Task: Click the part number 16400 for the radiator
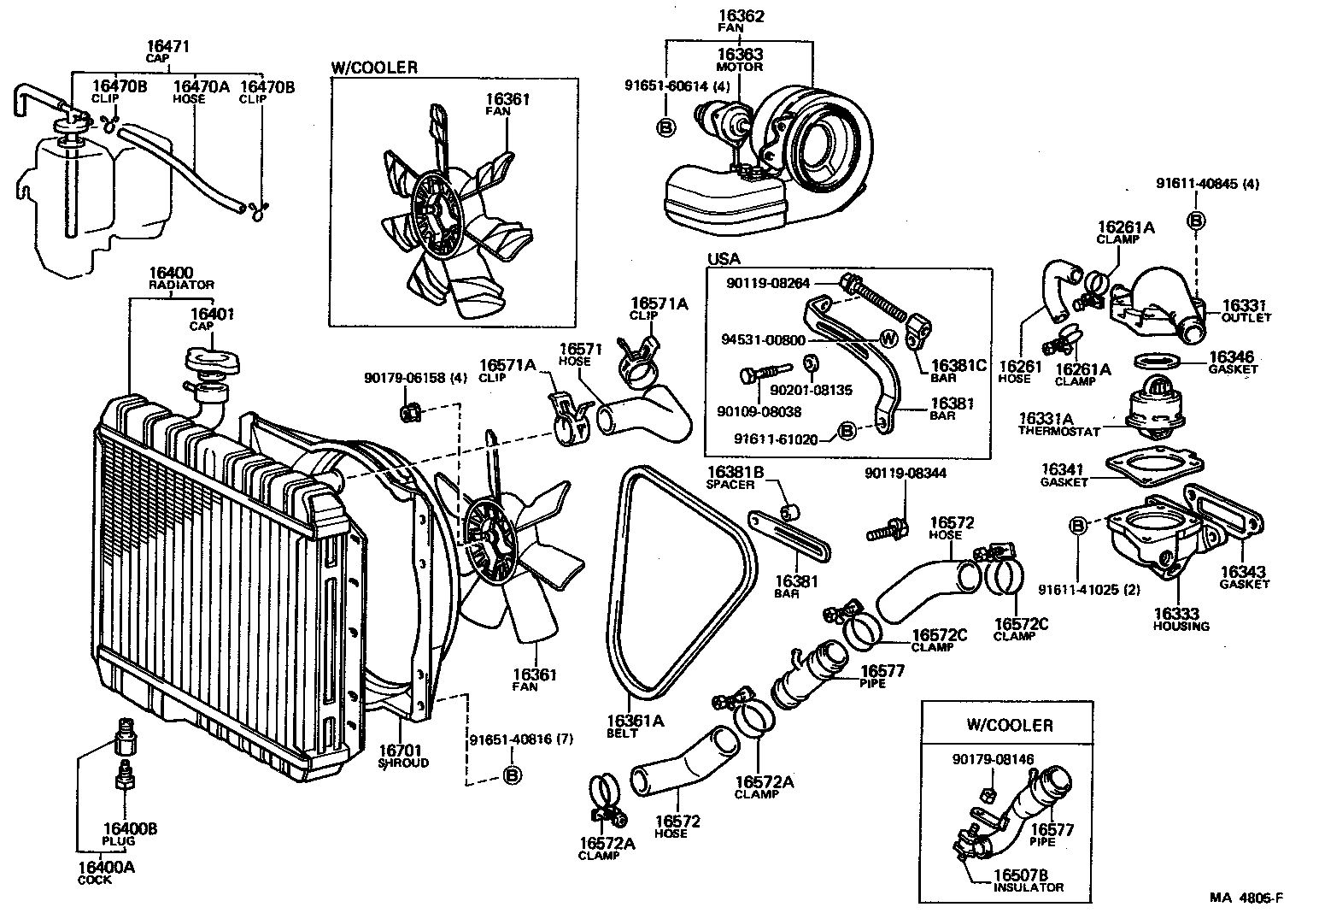(171, 272)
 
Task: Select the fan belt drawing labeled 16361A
(683, 581)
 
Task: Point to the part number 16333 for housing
(1176, 614)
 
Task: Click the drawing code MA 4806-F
(1246, 898)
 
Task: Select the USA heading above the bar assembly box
(724, 258)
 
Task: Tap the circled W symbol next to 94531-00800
(888, 339)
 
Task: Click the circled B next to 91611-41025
(1077, 524)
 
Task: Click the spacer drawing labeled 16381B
(791, 511)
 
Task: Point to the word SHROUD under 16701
(403, 763)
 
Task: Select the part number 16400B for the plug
(130, 828)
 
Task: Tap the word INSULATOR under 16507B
(1029, 886)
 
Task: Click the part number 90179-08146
(993, 758)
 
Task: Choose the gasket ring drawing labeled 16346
(1157, 360)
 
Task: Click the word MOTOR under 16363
(740, 67)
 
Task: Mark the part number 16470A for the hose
(202, 86)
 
